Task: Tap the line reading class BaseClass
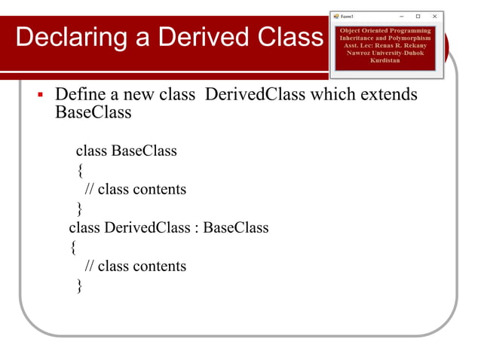(126, 151)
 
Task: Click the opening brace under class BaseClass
(80, 170)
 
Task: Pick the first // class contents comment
(135, 189)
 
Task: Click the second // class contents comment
(135, 266)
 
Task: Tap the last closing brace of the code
(80, 285)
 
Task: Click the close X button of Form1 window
(434, 16)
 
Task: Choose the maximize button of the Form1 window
(418, 16)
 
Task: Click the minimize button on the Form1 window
(401, 16)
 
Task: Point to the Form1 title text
(348, 16)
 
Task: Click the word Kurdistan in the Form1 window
(384, 59)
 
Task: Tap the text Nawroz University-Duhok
(384, 53)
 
